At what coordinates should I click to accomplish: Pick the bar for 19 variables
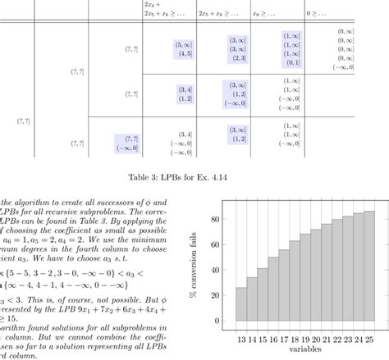[305, 279]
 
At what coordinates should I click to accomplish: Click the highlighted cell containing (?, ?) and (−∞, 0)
[128, 144]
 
